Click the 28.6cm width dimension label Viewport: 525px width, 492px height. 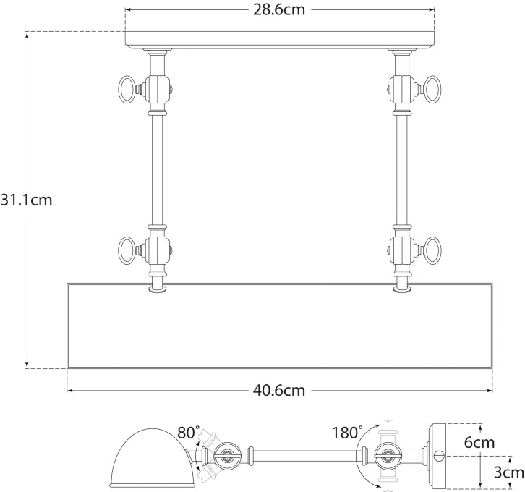[279, 11]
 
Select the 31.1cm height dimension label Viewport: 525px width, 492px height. [26, 200]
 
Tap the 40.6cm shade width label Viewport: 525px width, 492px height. [279, 391]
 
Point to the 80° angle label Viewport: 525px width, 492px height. [188, 433]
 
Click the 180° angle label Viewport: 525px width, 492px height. [348, 433]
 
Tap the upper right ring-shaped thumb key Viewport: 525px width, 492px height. [433, 90]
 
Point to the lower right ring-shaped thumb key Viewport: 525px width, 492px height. [433, 251]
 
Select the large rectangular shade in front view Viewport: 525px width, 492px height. [279, 326]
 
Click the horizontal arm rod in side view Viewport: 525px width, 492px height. [304, 457]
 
